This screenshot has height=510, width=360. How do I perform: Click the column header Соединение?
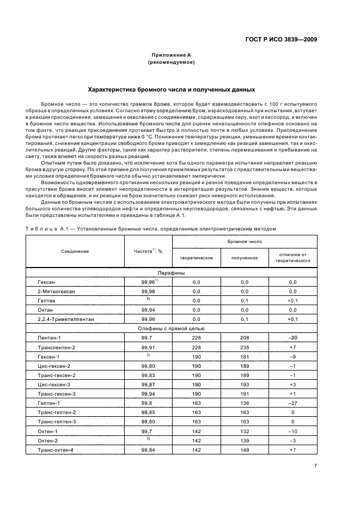pyautogui.click(x=75, y=251)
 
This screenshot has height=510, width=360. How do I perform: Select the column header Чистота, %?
pyautogui.click(x=148, y=251)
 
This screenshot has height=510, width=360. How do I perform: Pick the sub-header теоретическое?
pyautogui.click(x=196, y=258)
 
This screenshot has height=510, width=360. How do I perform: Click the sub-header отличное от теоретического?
pyautogui.click(x=292, y=258)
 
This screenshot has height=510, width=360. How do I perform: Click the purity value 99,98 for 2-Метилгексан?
pyautogui.click(x=148, y=292)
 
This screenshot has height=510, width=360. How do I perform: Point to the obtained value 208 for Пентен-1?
pyautogui.click(x=244, y=338)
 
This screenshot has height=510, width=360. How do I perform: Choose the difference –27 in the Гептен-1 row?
pyautogui.click(x=292, y=403)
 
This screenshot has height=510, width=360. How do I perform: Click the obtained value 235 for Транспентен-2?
pyautogui.click(x=244, y=348)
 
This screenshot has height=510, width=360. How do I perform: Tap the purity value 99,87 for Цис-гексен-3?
pyautogui.click(x=148, y=384)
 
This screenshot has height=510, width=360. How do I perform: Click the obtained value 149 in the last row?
pyautogui.click(x=244, y=450)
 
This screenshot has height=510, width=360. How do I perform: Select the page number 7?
pyautogui.click(x=315, y=466)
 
